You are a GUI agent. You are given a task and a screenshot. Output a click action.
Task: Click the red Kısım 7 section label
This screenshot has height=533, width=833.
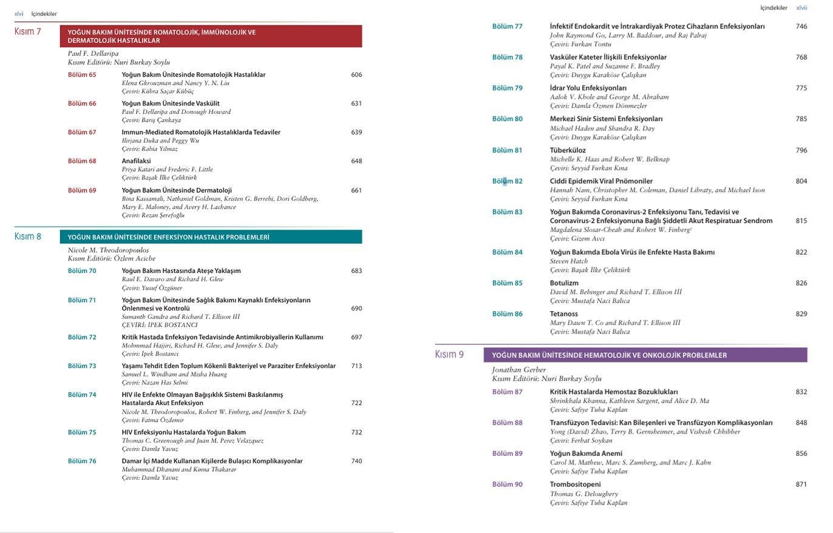pos(27,32)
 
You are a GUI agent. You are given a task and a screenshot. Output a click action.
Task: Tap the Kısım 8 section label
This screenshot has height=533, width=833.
pos(27,236)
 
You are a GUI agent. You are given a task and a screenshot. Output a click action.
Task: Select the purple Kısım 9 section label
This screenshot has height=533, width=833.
pos(449,355)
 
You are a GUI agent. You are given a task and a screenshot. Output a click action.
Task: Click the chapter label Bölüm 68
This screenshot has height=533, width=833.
pos(82,161)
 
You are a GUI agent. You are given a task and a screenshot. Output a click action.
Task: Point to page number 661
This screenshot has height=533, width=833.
pos(356,190)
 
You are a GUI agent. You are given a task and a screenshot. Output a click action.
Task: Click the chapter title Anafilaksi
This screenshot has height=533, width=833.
pos(136,161)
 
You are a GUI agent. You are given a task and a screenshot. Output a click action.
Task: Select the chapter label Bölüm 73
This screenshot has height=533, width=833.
pos(82,366)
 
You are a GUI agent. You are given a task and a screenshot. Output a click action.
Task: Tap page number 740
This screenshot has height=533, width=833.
pos(356,461)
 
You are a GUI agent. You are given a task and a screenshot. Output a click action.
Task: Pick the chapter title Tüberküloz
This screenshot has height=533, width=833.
pos(568,150)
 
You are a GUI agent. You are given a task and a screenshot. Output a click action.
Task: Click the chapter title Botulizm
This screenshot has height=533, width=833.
pos(564,283)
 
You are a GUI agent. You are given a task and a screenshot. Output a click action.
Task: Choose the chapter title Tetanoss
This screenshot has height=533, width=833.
pos(563,314)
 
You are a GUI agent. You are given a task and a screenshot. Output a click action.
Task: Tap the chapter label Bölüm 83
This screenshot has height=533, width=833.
pos(507,212)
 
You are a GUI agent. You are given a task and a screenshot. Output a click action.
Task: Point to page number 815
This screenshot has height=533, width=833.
pos(801,221)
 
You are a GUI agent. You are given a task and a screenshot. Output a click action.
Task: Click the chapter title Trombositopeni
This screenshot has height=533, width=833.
pos(575,484)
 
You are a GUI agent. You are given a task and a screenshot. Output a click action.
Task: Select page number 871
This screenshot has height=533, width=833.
pos(801,484)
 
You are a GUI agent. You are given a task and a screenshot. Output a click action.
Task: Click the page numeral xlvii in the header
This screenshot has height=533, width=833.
pos(801,8)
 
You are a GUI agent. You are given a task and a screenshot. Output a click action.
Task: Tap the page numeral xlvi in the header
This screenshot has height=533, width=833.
pos(19,14)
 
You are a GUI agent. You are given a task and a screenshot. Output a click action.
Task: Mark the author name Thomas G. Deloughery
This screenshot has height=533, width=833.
pos(584,494)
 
